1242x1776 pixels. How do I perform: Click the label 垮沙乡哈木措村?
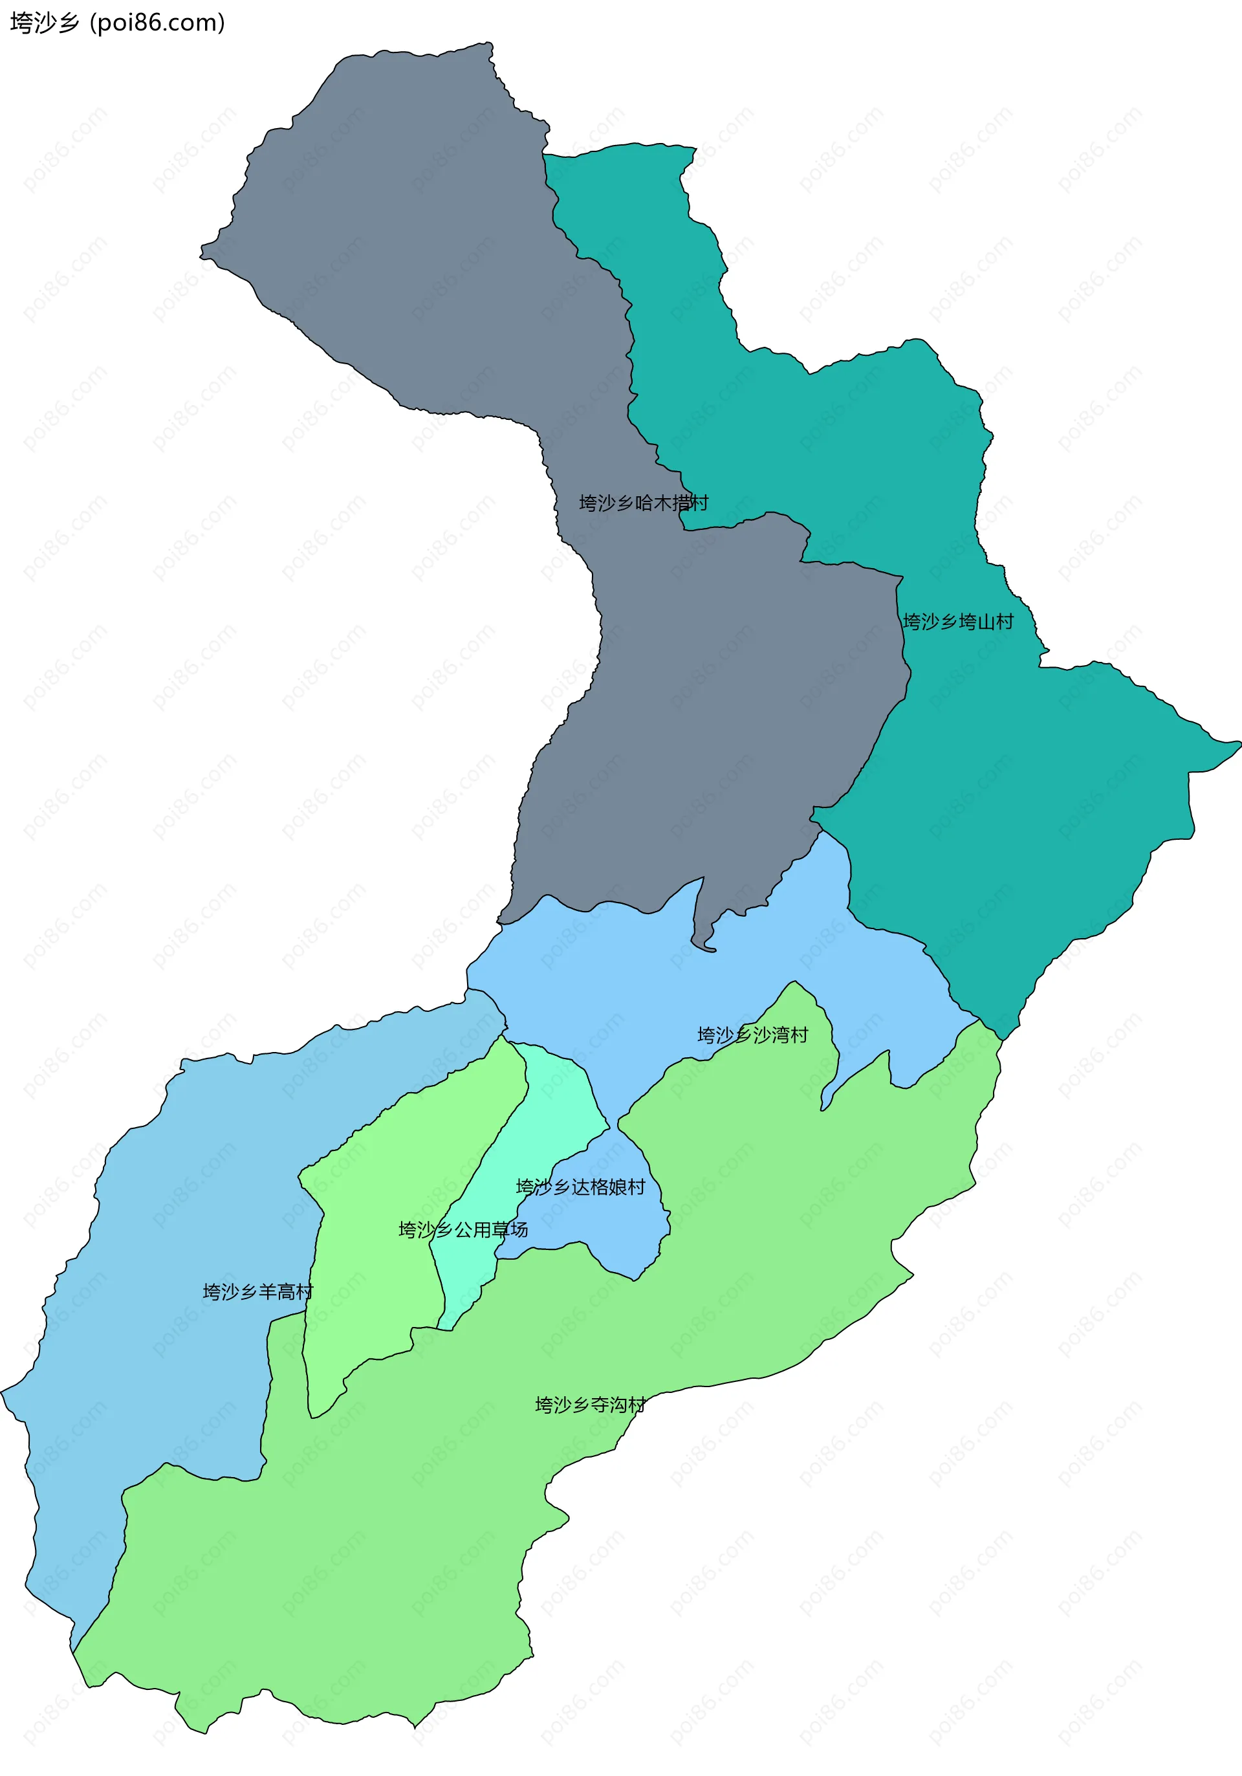pos(644,503)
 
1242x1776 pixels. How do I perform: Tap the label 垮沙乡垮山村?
pos(957,621)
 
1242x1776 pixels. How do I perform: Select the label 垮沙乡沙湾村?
pos(752,1035)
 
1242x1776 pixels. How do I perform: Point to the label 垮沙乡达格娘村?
pos(580,1187)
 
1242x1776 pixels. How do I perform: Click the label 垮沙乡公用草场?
pos(463,1229)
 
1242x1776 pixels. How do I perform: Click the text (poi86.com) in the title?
pos(158,23)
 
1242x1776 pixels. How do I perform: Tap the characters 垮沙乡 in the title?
pos(44,23)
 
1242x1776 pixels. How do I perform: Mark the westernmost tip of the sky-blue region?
pos(5,1392)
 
